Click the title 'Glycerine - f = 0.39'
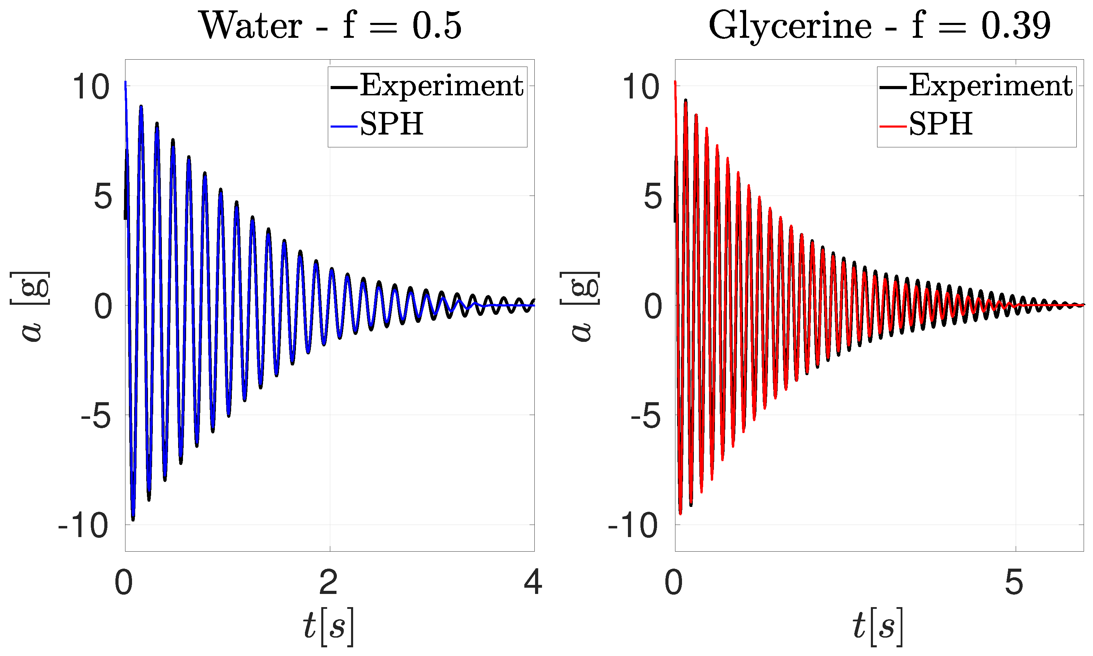tap(879, 26)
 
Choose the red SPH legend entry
tap(941, 125)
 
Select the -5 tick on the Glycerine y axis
tap(646, 417)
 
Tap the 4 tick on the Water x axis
tap(533, 582)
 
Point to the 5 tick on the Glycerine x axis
tap(1014, 582)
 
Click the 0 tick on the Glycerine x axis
tap(674, 582)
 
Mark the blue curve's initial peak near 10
tap(125, 83)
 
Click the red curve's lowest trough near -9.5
tap(680, 513)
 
